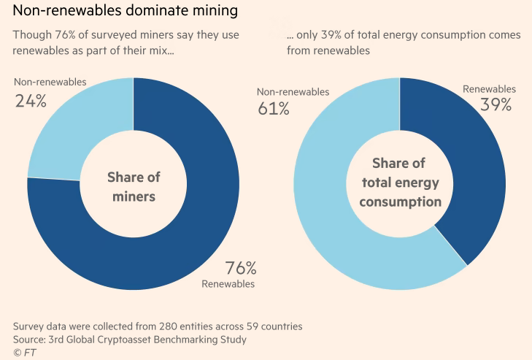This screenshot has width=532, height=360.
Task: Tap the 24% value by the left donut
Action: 31,101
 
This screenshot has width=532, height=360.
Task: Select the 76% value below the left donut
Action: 241,268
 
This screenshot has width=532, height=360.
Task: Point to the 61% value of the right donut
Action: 273,109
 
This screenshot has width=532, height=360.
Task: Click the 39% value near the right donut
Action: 496,104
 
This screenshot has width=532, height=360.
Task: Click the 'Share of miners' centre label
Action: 134,187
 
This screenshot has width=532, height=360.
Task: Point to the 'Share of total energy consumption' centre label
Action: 399,182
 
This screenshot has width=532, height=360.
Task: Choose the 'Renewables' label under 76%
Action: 228,283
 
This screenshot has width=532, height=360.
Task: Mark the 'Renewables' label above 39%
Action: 489,89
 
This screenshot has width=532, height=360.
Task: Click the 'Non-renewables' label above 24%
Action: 50,82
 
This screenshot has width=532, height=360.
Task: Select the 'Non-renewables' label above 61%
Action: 293,92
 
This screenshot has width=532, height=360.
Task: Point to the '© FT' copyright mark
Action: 24,353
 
